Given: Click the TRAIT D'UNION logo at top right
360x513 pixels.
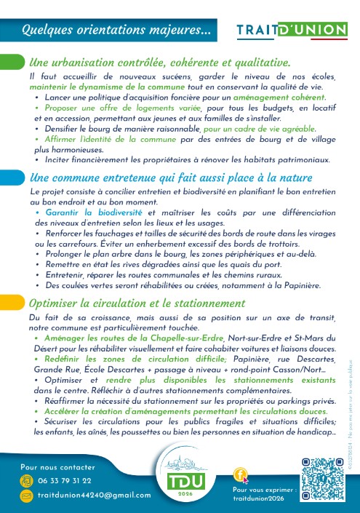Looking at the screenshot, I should point(292,30).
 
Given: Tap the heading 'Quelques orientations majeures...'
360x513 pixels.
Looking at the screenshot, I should point(116,31).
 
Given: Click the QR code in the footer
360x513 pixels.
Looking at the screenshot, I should point(323,479).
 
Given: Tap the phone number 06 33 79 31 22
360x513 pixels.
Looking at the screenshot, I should point(65,481).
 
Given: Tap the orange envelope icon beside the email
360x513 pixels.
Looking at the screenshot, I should point(27,496).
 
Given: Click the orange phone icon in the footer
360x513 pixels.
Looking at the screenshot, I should point(27,481).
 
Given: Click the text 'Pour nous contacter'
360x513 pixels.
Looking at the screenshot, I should point(57,467).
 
